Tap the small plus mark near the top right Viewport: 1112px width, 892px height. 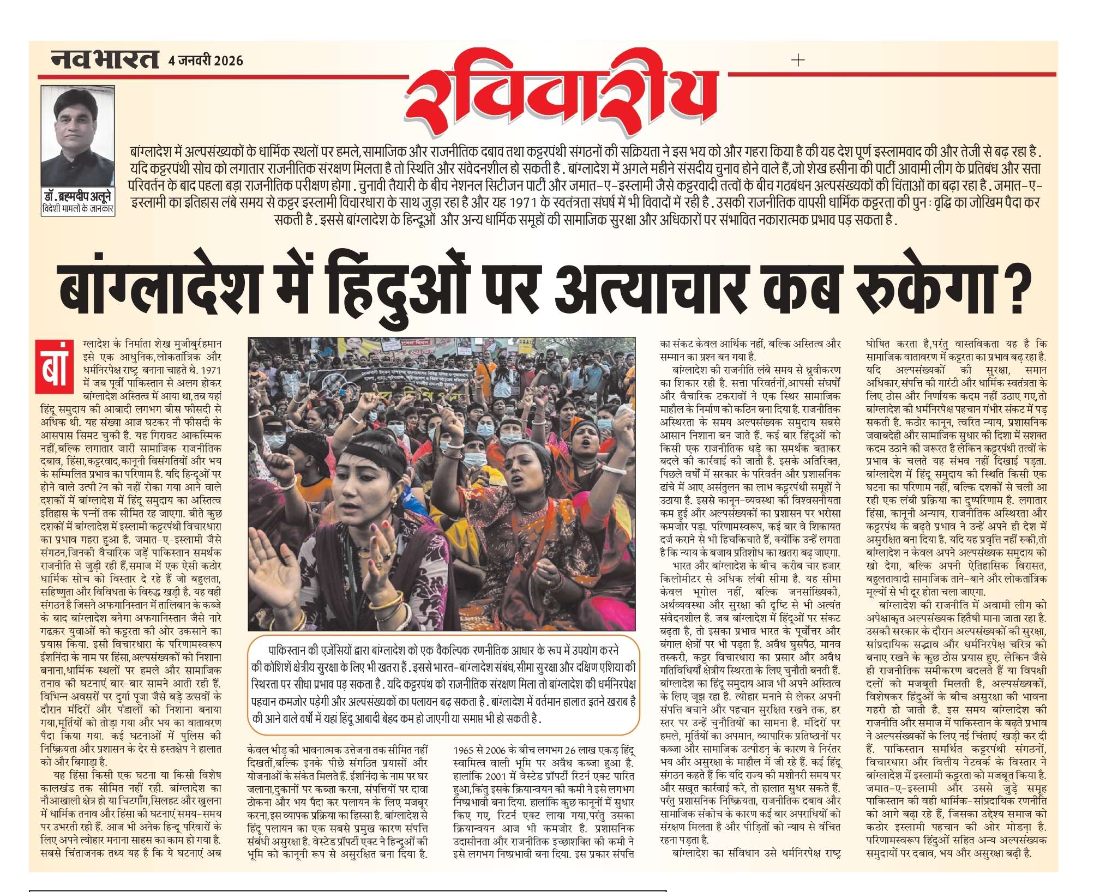point(797,60)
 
